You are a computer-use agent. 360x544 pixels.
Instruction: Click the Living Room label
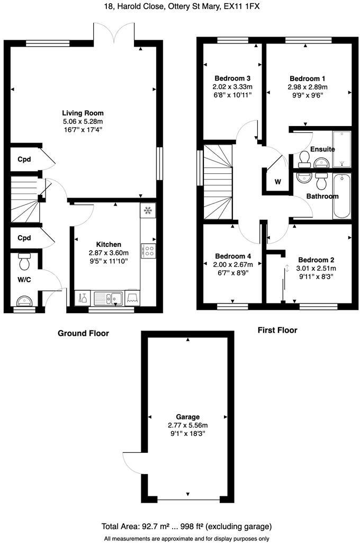83,113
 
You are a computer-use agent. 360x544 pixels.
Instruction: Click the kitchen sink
109,299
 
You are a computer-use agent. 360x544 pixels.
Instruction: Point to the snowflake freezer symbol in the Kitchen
148,210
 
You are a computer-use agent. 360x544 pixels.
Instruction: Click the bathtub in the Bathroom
341,195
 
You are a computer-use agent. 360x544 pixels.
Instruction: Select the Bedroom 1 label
308,78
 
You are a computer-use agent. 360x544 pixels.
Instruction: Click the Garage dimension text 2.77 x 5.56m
188,425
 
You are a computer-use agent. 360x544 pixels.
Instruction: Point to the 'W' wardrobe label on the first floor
277,182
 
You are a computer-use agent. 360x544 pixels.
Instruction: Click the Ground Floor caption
83,333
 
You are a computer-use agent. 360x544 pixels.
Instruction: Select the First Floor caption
277,330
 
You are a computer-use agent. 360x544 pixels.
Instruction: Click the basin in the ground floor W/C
24,301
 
